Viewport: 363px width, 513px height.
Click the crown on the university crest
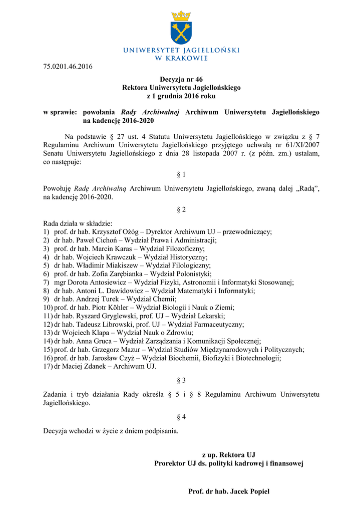181,16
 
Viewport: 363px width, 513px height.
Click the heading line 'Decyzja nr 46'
181,80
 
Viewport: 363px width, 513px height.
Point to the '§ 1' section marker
181,175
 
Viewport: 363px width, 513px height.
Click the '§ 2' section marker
181,210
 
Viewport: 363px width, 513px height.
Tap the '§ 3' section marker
181,380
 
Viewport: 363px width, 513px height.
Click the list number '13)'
48,333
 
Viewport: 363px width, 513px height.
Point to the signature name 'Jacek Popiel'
249,491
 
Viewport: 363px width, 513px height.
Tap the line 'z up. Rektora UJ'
228,455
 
